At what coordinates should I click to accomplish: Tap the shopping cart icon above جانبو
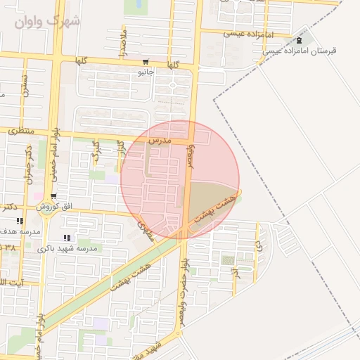click(x=146, y=62)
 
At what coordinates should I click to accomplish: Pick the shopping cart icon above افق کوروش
click(x=53, y=196)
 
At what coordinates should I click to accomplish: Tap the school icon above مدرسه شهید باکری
click(x=67, y=238)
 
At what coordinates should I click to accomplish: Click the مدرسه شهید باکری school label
click(x=70, y=248)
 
